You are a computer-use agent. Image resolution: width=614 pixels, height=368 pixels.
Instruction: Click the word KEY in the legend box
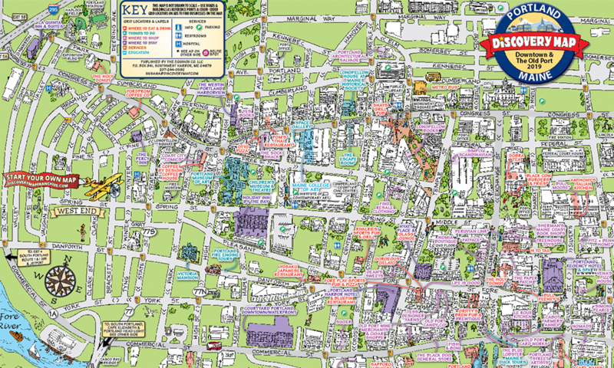point(131,13)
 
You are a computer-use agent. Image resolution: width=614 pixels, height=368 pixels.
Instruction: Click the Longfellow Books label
point(436,128)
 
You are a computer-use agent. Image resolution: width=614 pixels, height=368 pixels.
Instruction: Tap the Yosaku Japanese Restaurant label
point(287,271)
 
